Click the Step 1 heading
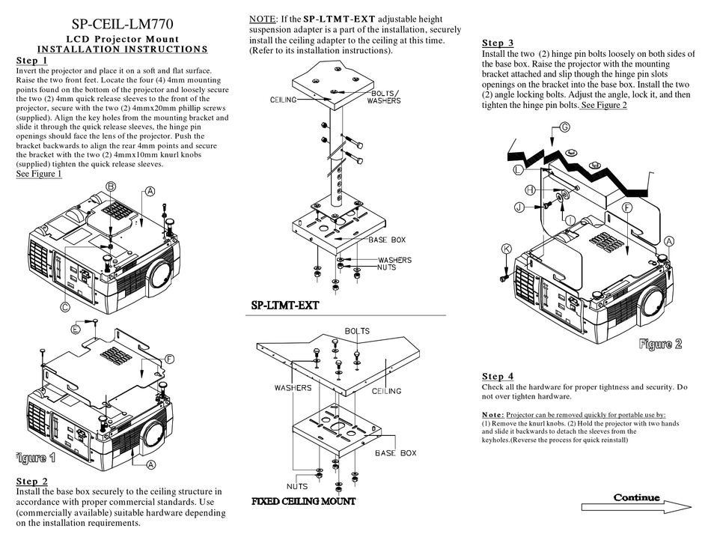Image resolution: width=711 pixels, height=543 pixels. coord(31,61)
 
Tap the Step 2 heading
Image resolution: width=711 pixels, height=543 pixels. coord(31,481)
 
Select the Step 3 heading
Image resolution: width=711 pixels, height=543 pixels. coord(498,43)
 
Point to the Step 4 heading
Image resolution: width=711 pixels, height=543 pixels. coord(498,376)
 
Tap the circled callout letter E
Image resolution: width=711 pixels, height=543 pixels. coord(76,330)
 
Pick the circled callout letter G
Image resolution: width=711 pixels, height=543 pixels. coord(554,128)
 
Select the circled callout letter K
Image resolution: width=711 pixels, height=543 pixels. coord(506,249)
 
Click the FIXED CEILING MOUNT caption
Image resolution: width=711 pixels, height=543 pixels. coord(303,501)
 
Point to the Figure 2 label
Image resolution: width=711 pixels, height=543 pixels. coord(660,344)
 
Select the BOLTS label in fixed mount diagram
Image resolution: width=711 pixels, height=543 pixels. coord(357,330)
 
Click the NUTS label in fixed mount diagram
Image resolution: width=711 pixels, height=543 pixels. coord(297,486)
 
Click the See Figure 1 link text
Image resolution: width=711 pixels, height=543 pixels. coord(39,174)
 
